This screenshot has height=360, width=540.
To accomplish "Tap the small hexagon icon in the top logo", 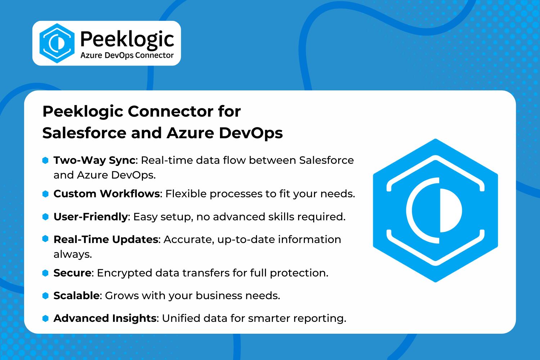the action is (57, 43).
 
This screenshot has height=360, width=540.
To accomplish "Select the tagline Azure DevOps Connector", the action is (127, 56).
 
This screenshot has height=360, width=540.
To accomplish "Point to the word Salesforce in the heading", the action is (84, 133).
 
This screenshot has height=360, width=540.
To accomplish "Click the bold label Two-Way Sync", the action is (94, 161).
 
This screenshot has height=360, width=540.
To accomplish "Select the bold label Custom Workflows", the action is (107, 194).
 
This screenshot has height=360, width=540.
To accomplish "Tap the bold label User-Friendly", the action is (90, 217).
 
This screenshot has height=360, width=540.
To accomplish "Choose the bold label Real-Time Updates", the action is (106, 240).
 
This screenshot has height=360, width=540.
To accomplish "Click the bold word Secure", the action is (72, 273).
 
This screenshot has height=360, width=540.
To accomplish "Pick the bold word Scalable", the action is (76, 296).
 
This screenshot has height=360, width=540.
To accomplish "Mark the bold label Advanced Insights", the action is (105, 319).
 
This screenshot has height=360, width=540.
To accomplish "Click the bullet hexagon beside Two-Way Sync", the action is (45, 160).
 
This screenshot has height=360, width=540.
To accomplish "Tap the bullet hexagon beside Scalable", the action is (45, 296).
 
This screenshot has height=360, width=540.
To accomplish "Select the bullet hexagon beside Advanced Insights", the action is (45, 318).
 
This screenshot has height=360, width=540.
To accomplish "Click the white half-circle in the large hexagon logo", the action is (450, 211).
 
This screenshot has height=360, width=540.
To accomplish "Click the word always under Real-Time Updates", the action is (73, 254).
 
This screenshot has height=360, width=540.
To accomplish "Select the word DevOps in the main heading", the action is (251, 133).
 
